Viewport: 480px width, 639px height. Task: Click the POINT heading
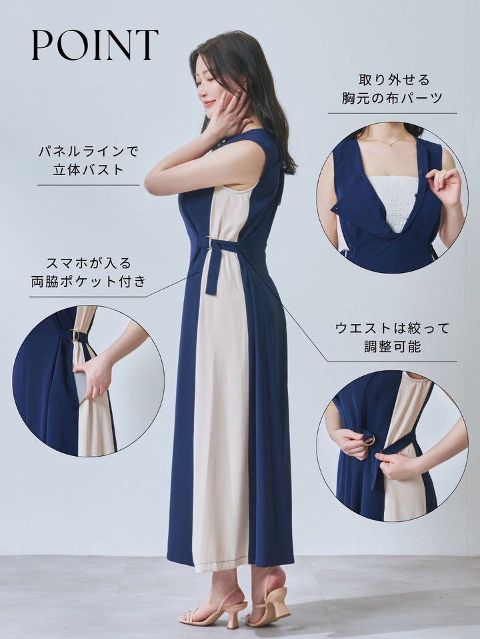click(95, 45)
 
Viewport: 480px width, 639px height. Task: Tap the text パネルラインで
click(89, 152)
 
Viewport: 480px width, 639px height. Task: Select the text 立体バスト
click(89, 170)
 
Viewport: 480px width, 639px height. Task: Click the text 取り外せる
click(394, 79)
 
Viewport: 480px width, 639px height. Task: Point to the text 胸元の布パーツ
click(392, 98)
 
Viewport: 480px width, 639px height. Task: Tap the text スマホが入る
click(89, 264)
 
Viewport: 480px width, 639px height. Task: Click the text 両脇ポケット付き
click(89, 281)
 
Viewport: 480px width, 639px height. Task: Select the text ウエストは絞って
click(392, 328)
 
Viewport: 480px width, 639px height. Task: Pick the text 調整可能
click(392, 346)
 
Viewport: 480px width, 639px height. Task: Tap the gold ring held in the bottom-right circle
click(368, 440)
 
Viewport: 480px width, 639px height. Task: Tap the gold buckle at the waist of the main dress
click(210, 242)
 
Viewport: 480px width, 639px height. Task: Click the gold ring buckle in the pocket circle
click(75, 335)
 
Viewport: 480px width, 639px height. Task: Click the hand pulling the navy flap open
click(445, 186)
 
